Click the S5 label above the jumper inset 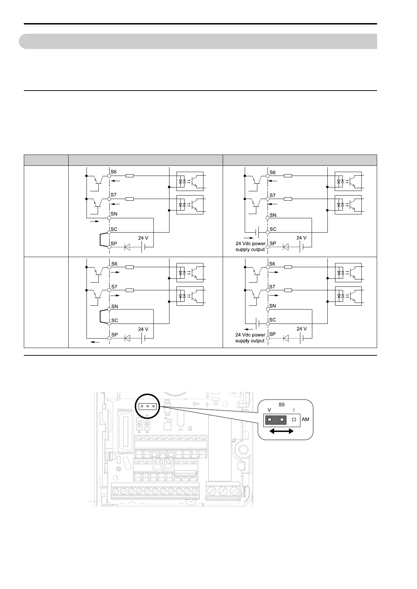pyautogui.click(x=282, y=404)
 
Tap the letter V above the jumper pyautogui.click(x=269, y=410)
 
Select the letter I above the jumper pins pyautogui.click(x=294, y=410)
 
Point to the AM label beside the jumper pyautogui.click(x=305, y=419)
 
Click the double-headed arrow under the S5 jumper pyautogui.click(x=282, y=432)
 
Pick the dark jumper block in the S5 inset pyautogui.click(x=276, y=420)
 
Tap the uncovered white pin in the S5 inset pyautogui.click(x=294, y=420)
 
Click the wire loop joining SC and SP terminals pyautogui.click(x=101, y=239)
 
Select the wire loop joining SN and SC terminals pyautogui.click(x=101, y=317)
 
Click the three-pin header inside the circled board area pyautogui.click(x=148, y=406)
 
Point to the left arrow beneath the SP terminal pyautogui.click(x=95, y=342)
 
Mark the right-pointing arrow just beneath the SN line pyautogui.click(x=95, y=221)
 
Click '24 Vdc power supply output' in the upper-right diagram pyautogui.click(x=250, y=247)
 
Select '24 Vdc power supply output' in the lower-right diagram pyautogui.click(x=250, y=338)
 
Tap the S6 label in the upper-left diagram pyautogui.click(x=114, y=172)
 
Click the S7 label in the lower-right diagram pyautogui.click(x=272, y=287)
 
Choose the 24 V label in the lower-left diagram pyautogui.click(x=143, y=329)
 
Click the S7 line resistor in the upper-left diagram pyautogui.click(x=129, y=199)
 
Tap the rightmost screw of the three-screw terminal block pyautogui.click(x=234, y=491)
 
